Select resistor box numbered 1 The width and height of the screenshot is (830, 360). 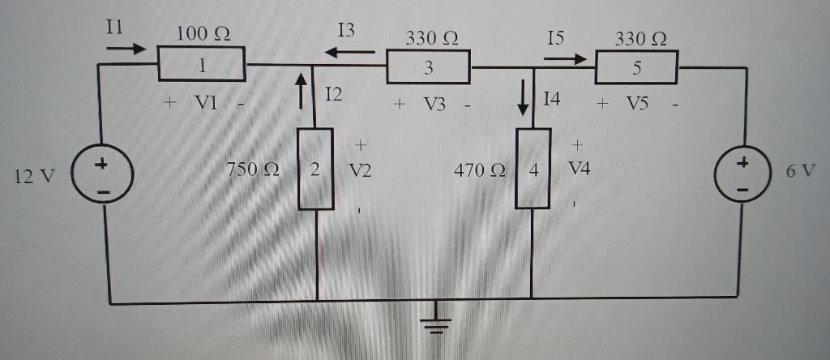pos(201,65)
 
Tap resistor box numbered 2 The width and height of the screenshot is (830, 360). pos(316,169)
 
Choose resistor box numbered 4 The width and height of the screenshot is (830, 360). pos(533,169)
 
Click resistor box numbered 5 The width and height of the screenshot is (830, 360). pos(637,66)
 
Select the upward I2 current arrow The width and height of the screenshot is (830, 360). pos(302,90)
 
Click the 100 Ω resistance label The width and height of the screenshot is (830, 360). pos(203,34)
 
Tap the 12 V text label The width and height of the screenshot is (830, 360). pos(34,174)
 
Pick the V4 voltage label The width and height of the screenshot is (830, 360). pos(580,169)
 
